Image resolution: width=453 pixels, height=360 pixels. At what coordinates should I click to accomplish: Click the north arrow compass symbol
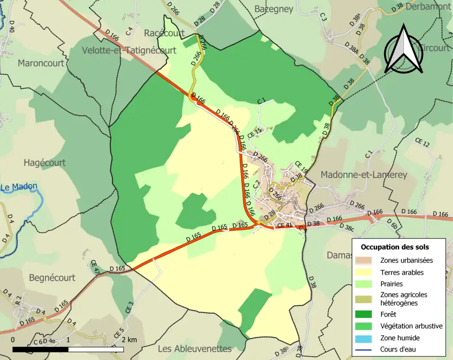[403, 50]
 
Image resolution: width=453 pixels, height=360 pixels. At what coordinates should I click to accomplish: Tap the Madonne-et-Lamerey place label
[363, 175]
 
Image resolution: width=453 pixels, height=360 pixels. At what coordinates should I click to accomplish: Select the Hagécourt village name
[44, 163]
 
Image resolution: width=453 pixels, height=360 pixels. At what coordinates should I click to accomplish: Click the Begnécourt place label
[52, 278]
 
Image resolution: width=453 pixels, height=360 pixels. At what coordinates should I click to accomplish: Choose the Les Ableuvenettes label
[194, 349]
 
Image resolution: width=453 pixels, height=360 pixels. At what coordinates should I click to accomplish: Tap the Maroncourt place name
[41, 63]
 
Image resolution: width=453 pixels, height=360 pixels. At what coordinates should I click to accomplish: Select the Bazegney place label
[274, 9]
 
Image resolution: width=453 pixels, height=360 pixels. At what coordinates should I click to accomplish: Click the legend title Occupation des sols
[395, 247]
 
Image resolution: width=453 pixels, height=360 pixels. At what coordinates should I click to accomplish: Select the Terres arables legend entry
[402, 272]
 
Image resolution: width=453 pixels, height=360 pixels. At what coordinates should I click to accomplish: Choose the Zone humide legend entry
[400, 338]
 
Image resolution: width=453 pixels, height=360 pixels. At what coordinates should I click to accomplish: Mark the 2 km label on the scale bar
[129, 340]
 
